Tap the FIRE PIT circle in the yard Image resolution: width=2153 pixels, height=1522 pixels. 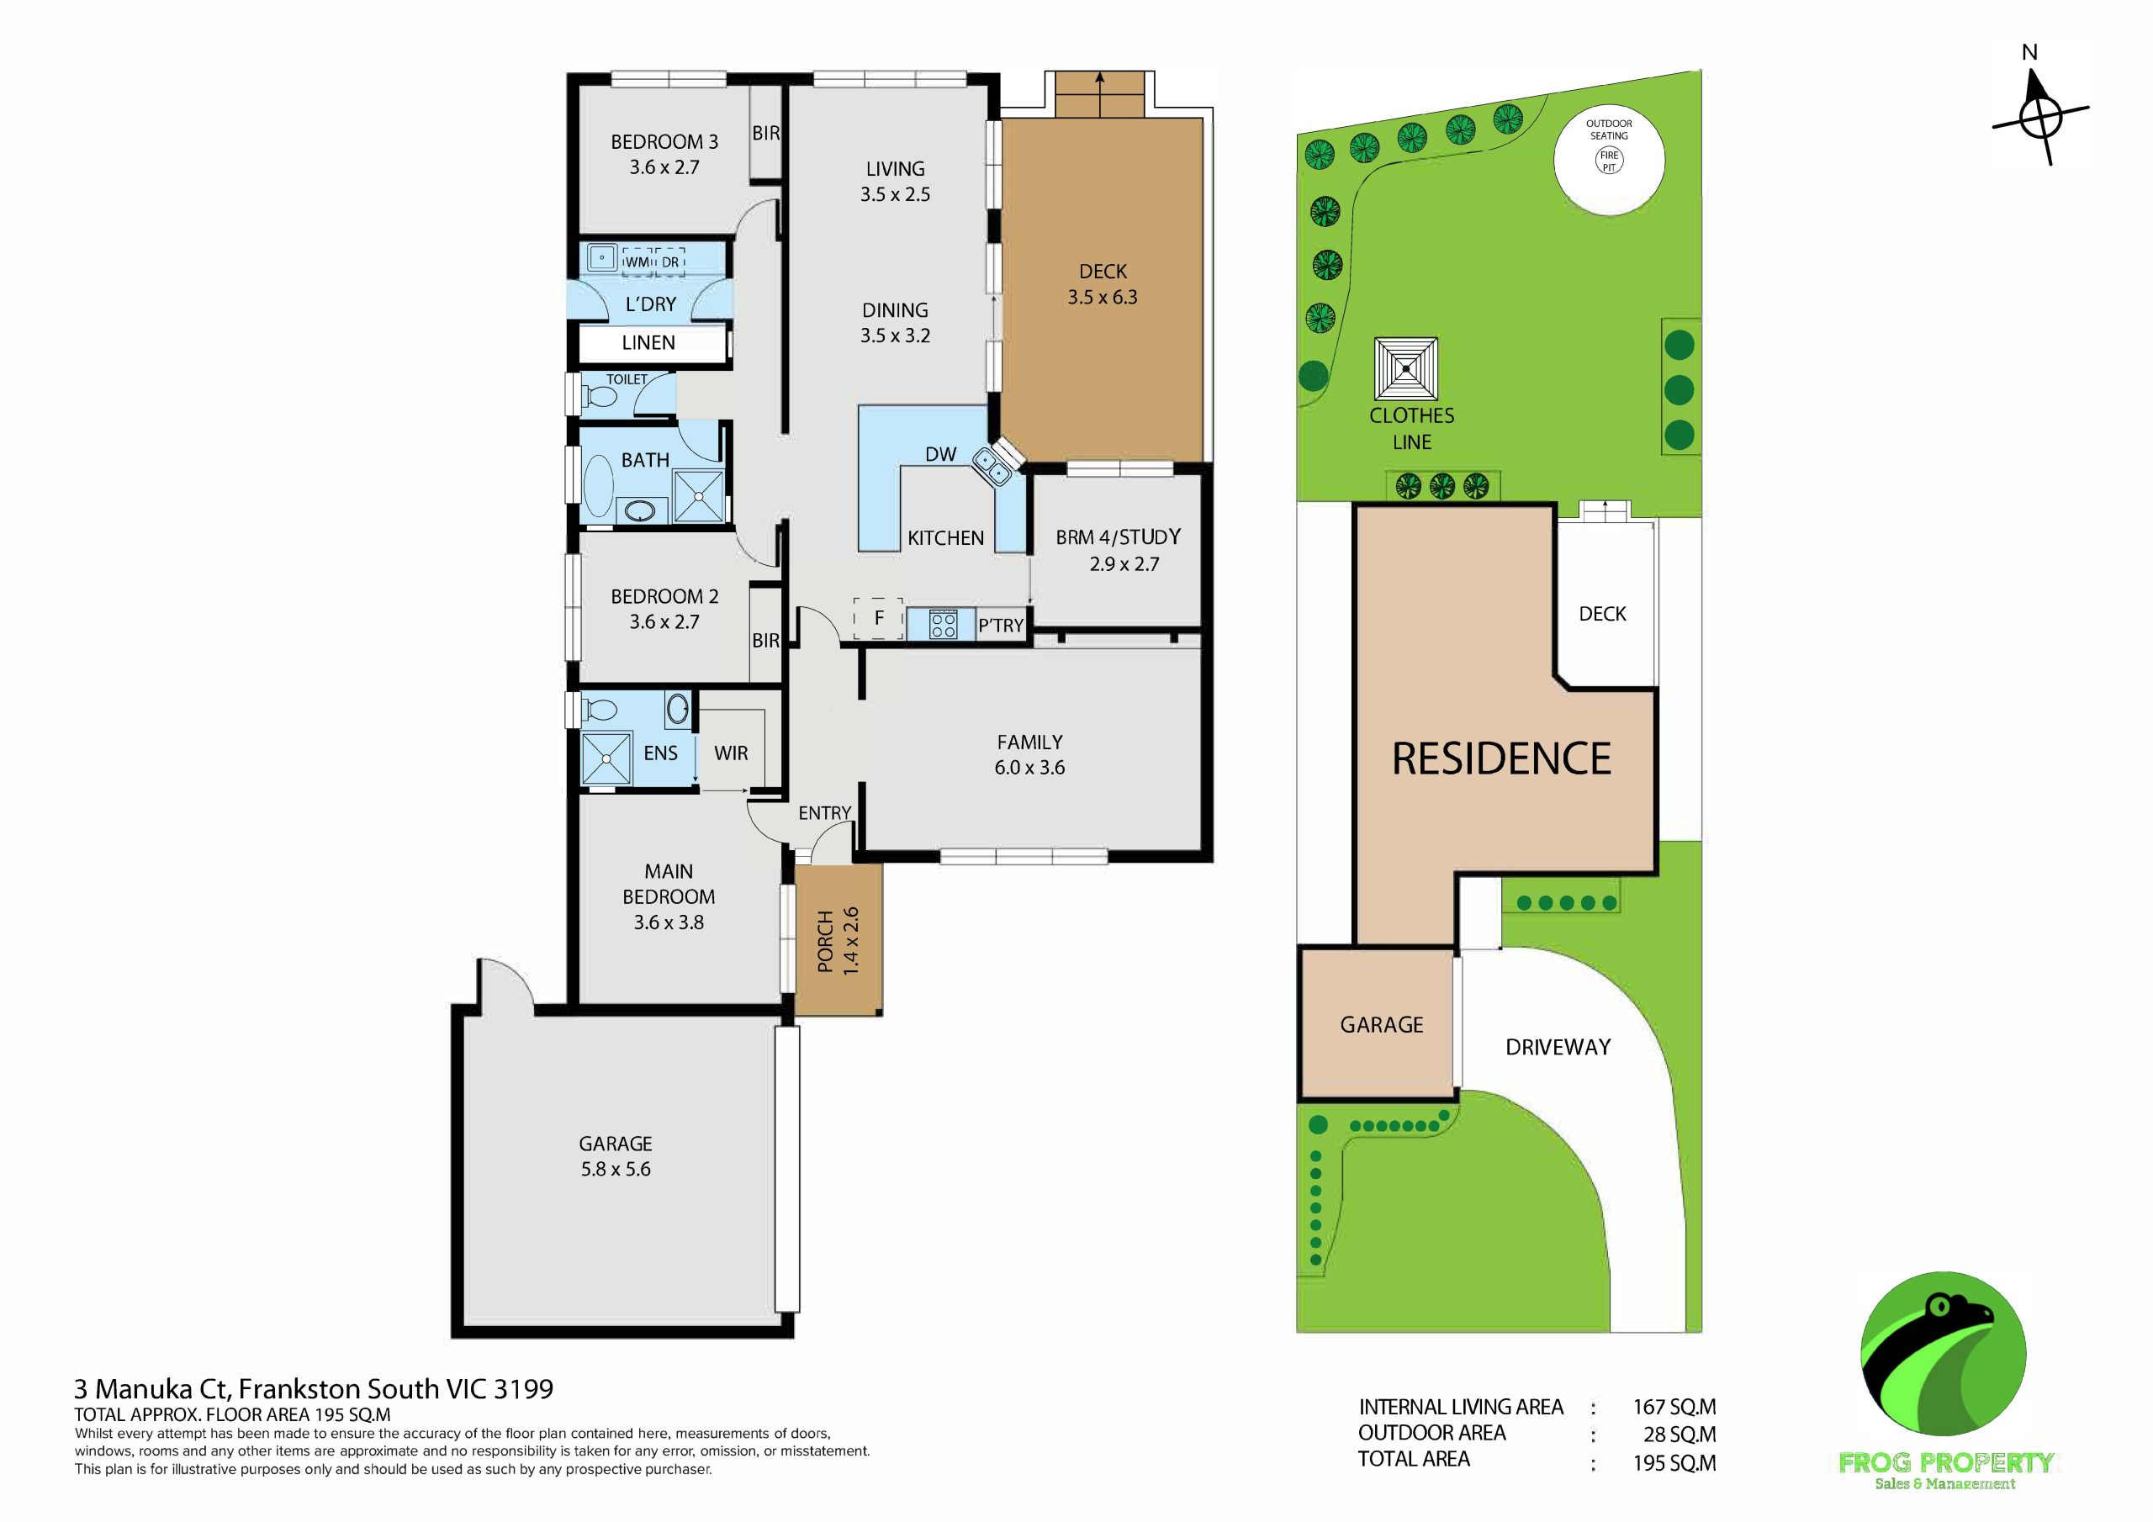[1609, 161]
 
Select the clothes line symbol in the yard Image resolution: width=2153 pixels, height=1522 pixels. [1405, 368]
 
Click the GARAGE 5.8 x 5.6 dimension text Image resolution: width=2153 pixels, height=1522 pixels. [615, 1170]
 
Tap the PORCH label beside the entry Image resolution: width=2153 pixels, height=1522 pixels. [825, 941]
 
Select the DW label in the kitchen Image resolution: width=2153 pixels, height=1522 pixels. [940, 455]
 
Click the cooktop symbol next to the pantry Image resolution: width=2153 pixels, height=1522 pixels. [944, 625]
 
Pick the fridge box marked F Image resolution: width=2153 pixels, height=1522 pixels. [879, 618]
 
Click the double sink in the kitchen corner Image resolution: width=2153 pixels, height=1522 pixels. [992, 466]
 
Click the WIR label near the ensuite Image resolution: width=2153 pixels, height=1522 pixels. [731, 753]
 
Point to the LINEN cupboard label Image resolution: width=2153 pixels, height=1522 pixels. [648, 343]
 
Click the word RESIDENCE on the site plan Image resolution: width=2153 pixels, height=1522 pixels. [1501, 758]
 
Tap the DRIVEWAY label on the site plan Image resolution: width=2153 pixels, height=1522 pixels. [1558, 1048]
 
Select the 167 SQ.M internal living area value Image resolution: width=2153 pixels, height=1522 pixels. [1674, 1407]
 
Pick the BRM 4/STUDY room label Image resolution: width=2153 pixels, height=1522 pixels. [1118, 537]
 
